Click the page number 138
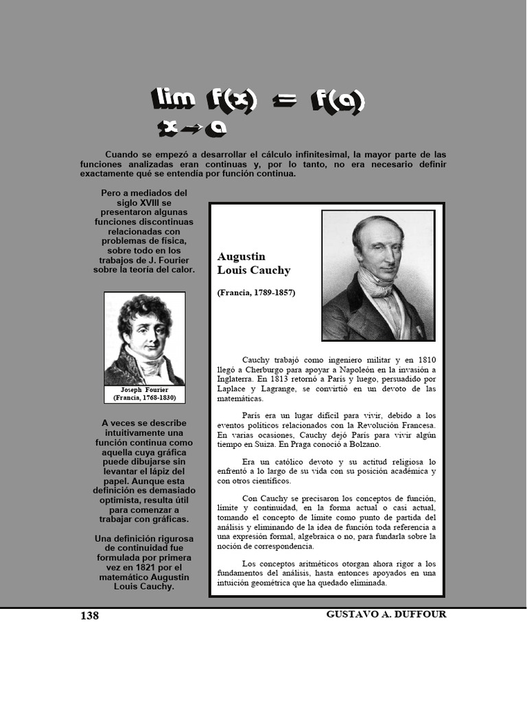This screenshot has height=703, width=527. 90,616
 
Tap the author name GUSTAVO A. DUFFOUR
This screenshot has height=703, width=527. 386,614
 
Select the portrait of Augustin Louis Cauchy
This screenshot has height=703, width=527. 378,275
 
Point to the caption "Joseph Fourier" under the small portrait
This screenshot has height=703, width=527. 144,390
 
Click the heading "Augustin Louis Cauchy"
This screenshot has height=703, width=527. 254,264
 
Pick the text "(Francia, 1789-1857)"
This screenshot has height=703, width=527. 256,292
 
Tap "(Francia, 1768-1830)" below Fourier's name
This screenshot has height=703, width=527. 144,397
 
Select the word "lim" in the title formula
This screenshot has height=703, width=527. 173,100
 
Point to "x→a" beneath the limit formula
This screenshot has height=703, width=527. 191,128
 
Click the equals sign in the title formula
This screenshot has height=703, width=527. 283,102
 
